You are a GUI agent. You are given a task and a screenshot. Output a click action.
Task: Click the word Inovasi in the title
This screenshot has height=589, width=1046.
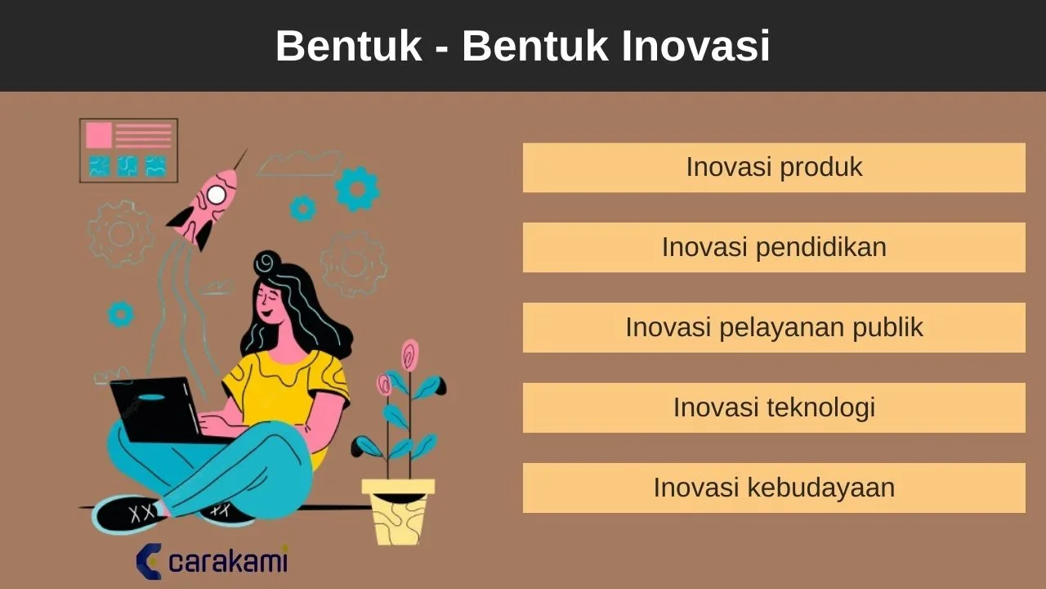tap(695, 46)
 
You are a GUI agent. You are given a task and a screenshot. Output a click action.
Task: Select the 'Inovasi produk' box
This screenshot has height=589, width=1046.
tap(774, 168)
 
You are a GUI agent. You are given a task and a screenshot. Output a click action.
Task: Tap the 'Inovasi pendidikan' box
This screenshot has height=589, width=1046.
tap(774, 247)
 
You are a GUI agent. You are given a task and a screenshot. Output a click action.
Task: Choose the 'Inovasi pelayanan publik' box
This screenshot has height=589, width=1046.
tap(774, 327)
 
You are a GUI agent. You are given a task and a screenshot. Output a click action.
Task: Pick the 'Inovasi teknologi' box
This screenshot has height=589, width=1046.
tap(774, 407)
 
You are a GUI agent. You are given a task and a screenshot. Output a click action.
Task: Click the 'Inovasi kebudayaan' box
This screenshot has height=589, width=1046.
tap(774, 488)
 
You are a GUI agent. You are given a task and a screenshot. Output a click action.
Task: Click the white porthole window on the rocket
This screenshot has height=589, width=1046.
tap(217, 195)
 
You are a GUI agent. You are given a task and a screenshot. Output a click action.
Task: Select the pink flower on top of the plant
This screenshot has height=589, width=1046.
tap(410, 355)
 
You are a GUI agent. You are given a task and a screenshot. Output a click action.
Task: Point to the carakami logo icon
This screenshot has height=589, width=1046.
tap(149, 561)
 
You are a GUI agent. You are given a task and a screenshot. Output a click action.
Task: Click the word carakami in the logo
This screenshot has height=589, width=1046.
tap(228, 562)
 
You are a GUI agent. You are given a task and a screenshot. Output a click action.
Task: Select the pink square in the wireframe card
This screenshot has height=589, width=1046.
tap(99, 135)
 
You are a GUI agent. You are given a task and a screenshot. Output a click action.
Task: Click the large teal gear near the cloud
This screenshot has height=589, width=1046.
tap(357, 189)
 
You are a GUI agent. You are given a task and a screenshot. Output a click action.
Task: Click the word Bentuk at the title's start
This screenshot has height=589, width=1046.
tap(348, 46)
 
